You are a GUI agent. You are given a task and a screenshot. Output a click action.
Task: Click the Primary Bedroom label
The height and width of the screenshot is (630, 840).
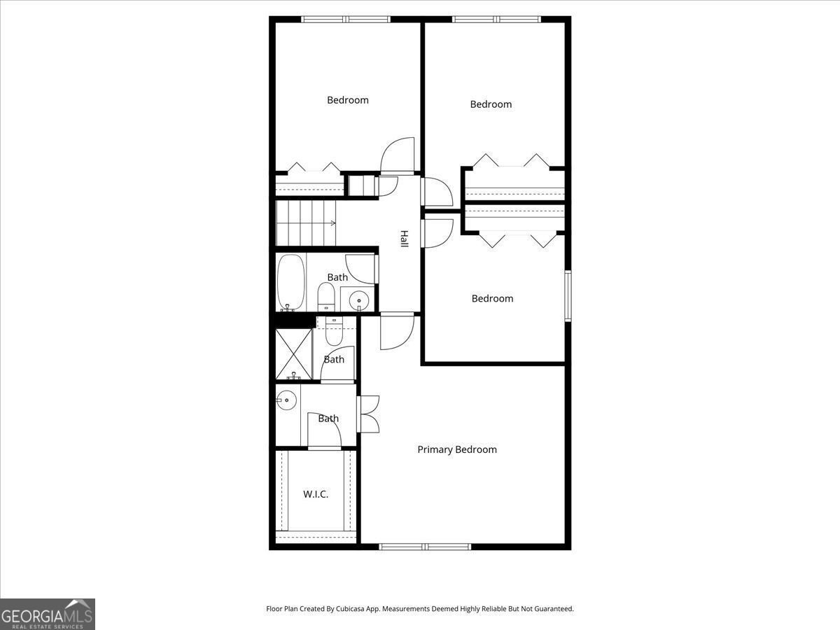coord(457,449)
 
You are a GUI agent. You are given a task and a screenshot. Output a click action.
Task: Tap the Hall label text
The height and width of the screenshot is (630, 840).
coord(404,239)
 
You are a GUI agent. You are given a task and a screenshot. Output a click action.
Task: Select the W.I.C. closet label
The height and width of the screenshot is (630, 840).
coord(316,494)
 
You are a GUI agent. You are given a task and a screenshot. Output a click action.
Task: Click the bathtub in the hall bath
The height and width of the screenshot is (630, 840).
coord(290,283)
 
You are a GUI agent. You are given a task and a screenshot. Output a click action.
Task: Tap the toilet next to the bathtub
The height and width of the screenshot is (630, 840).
coord(326,298)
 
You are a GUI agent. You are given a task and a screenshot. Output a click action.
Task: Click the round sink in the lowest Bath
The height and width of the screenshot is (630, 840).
coord(287,402)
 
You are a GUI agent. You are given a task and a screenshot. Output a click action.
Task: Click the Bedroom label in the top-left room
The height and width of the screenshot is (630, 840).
coord(348,100)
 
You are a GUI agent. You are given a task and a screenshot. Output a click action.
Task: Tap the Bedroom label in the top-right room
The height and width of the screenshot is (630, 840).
coord(491,104)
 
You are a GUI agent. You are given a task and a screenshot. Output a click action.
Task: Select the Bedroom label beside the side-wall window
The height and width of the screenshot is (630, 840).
coord(492,298)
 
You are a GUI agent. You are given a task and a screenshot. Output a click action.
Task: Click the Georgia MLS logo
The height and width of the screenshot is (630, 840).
coord(48,614)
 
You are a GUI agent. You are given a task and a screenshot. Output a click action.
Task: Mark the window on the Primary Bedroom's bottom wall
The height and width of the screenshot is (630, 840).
coord(425,547)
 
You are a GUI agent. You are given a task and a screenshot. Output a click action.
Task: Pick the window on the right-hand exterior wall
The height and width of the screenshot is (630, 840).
coord(568,297)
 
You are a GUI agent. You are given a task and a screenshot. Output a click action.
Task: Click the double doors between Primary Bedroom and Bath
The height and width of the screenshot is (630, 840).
coord(367,414)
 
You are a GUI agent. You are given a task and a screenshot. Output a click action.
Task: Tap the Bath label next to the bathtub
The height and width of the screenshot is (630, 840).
coord(337,277)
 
